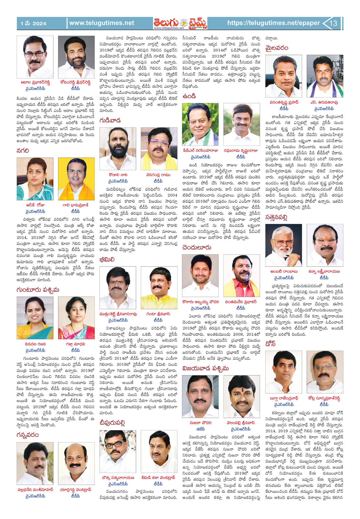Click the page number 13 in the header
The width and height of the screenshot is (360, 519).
pyautogui.click(x=333, y=23)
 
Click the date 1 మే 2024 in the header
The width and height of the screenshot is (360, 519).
pyautogui.click(x=33, y=23)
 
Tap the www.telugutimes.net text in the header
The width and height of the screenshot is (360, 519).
pyautogui.click(x=102, y=23)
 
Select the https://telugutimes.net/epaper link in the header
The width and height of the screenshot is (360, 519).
pyautogui.click(x=273, y=23)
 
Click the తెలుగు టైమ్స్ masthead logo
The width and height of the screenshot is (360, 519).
pyautogui.click(x=180, y=23)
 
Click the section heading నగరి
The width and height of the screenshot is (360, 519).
pyautogui.click(x=23, y=151)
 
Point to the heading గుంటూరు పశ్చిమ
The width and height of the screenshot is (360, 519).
pyautogui.click(x=38, y=289)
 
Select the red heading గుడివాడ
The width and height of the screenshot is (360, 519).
pyautogui.click(x=110, y=120)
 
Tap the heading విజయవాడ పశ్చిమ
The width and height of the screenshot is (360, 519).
pyautogui.click(x=205, y=368)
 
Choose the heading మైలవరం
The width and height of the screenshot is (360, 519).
pyautogui.click(x=277, y=48)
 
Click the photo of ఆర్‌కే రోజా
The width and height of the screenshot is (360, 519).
pyautogui.click(x=35, y=179)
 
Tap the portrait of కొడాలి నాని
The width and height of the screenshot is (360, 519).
pyautogui.click(x=118, y=149)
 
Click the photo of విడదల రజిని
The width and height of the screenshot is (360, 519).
pyautogui.click(x=35, y=318)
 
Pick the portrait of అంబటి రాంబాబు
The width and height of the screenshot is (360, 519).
pyautogui.click(x=283, y=245)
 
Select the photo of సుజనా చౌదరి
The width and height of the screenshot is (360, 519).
pyautogui.click(x=200, y=396)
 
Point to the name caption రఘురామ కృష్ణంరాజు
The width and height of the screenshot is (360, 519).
pyautogui.click(x=241, y=151)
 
